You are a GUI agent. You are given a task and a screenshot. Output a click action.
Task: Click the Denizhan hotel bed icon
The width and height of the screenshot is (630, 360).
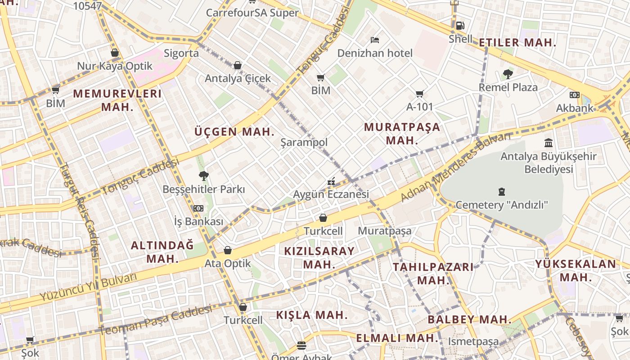pyautogui.click(x=374, y=40)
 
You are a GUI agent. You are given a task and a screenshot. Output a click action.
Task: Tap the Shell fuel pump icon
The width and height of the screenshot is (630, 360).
pyautogui.click(x=460, y=26)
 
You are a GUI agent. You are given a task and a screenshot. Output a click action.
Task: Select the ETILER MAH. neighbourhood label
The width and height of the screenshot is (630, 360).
pyautogui.click(x=517, y=43)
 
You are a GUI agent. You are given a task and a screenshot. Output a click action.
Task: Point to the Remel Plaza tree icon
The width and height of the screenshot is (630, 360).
pyautogui.click(x=508, y=74)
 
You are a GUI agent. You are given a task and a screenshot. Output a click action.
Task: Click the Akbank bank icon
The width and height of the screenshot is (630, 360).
pyautogui.click(x=575, y=94)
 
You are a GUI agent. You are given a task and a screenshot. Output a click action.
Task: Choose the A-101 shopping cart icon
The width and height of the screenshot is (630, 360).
pyautogui.click(x=419, y=94)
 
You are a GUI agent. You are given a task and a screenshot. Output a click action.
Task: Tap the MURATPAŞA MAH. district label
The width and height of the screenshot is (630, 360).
pyautogui.click(x=402, y=133)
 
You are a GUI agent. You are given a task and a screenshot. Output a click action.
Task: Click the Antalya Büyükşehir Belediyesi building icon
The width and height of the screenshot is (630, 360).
pyautogui.click(x=549, y=143)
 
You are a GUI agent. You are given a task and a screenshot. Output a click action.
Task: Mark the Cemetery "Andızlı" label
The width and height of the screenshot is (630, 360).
pyautogui.click(x=502, y=205)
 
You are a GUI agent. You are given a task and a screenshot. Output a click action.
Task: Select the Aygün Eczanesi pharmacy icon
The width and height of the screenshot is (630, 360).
pyautogui.click(x=331, y=182)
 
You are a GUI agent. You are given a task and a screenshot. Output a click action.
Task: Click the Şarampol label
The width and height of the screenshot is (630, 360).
pyautogui.click(x=304, y=142)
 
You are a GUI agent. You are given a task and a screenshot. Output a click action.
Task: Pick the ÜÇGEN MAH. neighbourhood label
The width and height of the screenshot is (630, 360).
pyautogui.click(x=234, y=132)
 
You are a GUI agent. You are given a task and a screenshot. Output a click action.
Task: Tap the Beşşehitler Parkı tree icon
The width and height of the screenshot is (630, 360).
pyautogui.click(x=204, y=175)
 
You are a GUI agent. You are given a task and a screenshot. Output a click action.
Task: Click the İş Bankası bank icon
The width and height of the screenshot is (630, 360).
pyautogui.click(x=198, y=208)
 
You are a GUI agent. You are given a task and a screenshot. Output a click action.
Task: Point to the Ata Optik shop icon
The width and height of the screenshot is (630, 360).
pyautogui.click(x=228, y=250)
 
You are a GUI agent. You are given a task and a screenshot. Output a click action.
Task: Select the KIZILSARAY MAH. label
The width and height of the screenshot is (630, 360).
pyautogui.click(x=319, y=257)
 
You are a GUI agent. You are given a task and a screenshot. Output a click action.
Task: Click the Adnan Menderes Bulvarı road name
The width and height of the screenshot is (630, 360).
pyautogui.click(x=455, y=167)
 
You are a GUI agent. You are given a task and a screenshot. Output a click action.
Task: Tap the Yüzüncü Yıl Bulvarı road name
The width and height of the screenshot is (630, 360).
pyautogui.click(x=88, y=288)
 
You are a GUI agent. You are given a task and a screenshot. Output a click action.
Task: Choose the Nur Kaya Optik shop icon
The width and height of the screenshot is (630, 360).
pyautogui.click(x=115, y=53)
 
